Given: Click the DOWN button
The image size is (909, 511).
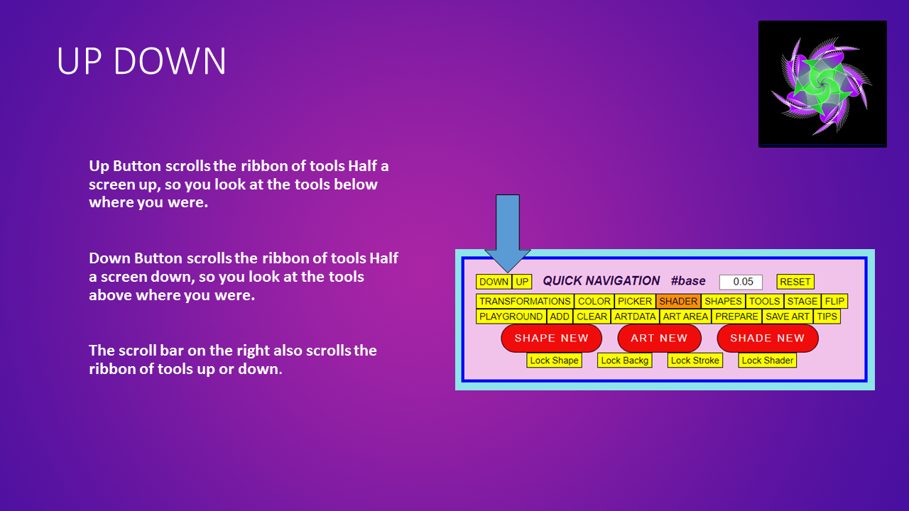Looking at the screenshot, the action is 494,282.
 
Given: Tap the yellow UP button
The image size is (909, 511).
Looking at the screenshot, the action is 522,282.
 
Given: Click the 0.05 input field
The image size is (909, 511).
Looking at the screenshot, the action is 741,282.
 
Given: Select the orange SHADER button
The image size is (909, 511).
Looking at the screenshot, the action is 678,302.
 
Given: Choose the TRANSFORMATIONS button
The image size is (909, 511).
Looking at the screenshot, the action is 525,302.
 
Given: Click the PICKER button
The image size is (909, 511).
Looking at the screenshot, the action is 635,302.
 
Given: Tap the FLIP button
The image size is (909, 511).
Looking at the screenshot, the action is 834,302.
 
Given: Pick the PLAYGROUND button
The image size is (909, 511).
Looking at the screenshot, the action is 511,317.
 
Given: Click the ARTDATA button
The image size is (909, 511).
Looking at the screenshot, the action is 635,317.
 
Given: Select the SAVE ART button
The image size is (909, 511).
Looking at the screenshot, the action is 788,317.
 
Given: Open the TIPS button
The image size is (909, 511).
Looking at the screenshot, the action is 827,317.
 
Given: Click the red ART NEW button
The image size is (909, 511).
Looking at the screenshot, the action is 659,339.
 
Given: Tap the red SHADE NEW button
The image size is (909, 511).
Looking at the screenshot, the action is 768,339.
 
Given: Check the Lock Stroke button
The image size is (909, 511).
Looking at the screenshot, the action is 695,360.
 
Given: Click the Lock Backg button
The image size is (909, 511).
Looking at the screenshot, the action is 624,360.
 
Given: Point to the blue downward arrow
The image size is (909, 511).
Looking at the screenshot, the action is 508,233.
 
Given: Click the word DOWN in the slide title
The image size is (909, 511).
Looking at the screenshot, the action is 170,61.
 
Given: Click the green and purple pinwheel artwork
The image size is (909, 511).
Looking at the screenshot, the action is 822,84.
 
